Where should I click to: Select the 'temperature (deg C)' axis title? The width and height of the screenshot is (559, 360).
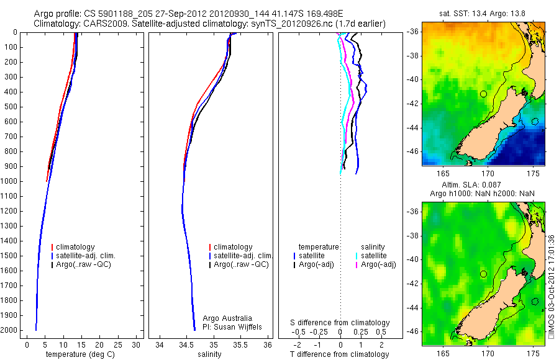80,354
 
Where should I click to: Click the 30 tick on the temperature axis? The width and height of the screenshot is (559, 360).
137,343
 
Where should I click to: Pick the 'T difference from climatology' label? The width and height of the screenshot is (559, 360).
340,354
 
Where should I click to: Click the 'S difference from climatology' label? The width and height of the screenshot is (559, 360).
340,323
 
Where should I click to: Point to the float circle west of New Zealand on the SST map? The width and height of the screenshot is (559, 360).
483,94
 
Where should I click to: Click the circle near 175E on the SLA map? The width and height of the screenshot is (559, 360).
535,302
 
